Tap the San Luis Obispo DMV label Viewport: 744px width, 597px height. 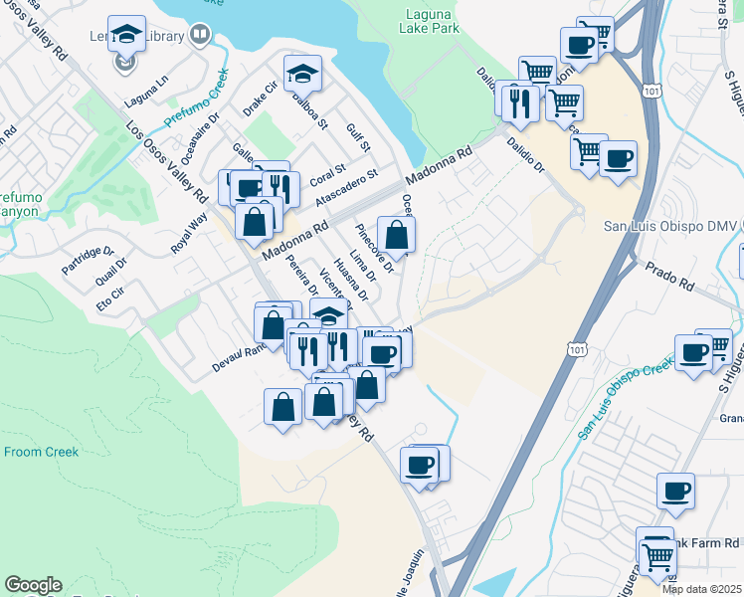(672, 226)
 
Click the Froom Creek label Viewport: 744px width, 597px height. (41, 452)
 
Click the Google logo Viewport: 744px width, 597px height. (33, 585)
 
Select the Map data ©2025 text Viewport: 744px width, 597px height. (701, 589)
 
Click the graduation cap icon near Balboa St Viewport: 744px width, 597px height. (302, 73)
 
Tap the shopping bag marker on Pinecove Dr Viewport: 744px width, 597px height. (396, 235)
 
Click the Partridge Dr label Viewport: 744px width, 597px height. (89, 260)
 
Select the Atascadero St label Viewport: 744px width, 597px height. (347, 188)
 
